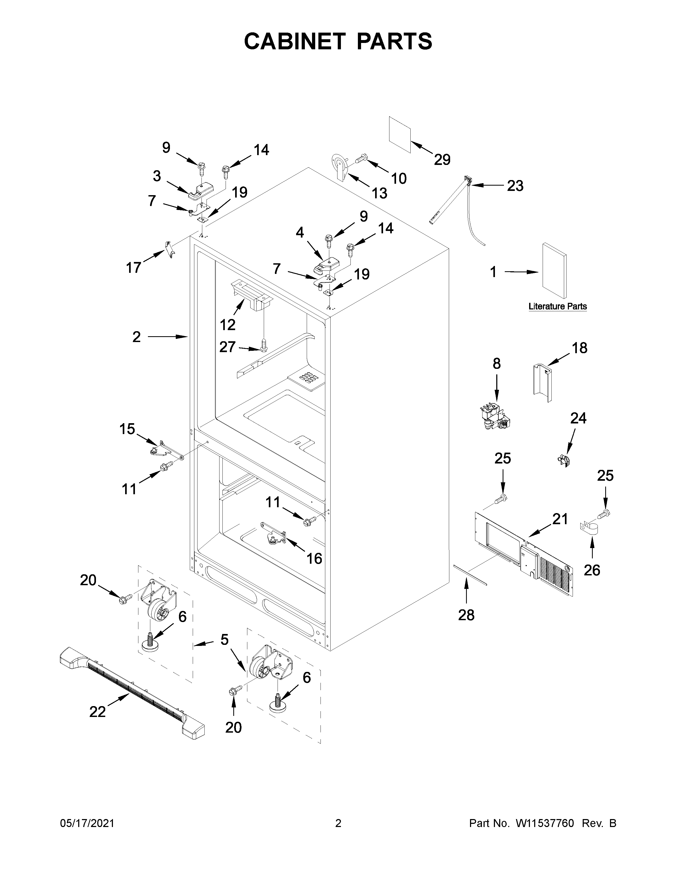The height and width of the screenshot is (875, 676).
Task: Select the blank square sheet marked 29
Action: pos(400,135)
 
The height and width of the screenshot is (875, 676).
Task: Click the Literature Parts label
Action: pos(558,307)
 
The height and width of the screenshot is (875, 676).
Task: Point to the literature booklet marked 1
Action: pos(555,271)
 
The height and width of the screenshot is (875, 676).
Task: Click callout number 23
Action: pos(515,186)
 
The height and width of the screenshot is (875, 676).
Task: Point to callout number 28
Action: pos(466,615)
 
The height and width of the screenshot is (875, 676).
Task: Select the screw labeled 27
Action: pos(264,344)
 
